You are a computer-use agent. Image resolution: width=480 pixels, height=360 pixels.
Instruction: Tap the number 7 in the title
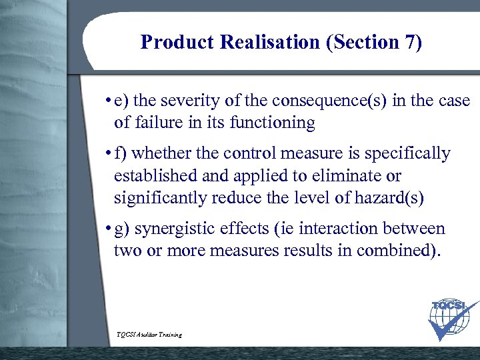[x=409, y=43]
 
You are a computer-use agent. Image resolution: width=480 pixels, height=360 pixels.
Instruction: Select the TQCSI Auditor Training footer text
[x=149, y=334]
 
